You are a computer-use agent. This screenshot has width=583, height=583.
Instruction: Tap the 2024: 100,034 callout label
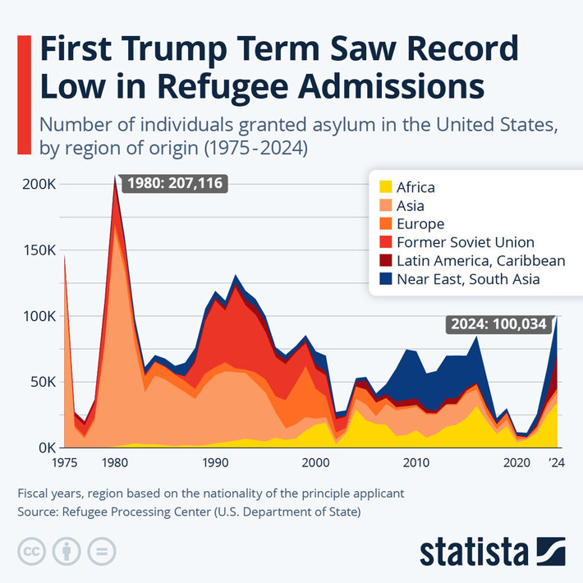(x=497, y=324)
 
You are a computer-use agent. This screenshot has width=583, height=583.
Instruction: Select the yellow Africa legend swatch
(x=383, y=187)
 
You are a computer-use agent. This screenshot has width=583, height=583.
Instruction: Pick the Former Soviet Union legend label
(x=465, y=242)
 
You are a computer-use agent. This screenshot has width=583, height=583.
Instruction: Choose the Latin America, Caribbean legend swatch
(x=383, y=261)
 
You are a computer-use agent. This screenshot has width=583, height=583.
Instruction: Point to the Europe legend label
(x=420, y=224)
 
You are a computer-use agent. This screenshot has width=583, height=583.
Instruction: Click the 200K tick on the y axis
(x=38, y=184)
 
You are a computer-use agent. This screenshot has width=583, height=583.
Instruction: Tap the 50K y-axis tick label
(x=41, y=382)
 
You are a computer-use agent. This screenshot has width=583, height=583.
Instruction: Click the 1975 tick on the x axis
(x=64, y=464)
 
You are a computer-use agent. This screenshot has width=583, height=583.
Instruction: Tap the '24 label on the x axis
(x=557, y=464)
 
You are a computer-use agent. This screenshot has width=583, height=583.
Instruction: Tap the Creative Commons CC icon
(x=31, y=551)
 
